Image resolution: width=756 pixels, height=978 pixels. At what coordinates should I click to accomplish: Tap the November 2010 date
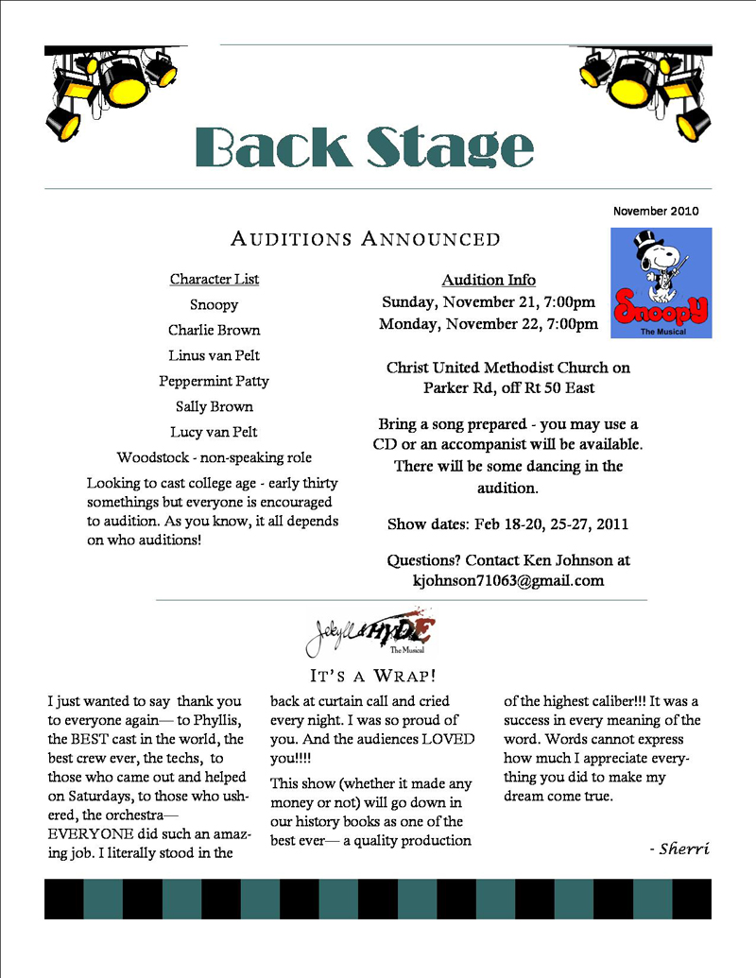(x=655, y=212)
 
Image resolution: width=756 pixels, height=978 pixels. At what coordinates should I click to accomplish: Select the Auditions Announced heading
(x=366, y=239)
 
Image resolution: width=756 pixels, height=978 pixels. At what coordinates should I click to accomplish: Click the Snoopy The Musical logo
(x=661, y=283)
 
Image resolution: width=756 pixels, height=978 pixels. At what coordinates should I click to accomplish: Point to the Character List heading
(x=215, y=279)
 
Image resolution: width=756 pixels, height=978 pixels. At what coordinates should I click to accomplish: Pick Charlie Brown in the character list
(x=215, y=330)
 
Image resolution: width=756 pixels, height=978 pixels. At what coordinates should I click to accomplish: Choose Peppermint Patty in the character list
(x=215, y=381)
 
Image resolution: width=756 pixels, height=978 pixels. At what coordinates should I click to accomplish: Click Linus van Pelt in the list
(x=215, y=355)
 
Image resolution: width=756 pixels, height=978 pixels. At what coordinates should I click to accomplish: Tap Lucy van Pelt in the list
(x=215, y=432)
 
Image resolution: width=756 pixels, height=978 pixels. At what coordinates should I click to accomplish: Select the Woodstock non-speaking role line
(x=215, y=457)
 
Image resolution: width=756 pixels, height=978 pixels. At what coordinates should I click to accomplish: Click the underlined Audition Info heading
(x=489, y=280)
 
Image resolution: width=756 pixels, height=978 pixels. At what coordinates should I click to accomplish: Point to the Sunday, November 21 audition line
(x=489, y=302)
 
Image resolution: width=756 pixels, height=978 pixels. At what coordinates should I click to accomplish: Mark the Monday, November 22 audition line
(x=489, y=324)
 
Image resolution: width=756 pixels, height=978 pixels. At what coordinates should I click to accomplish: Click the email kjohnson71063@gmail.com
(x=508, y=581)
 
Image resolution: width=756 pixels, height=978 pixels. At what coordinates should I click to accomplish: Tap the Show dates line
(x=508, y=523)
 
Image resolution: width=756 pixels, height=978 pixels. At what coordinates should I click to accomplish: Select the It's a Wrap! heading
(x=372, y=676)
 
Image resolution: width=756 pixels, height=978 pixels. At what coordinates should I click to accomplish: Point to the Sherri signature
(x=679, y=849)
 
